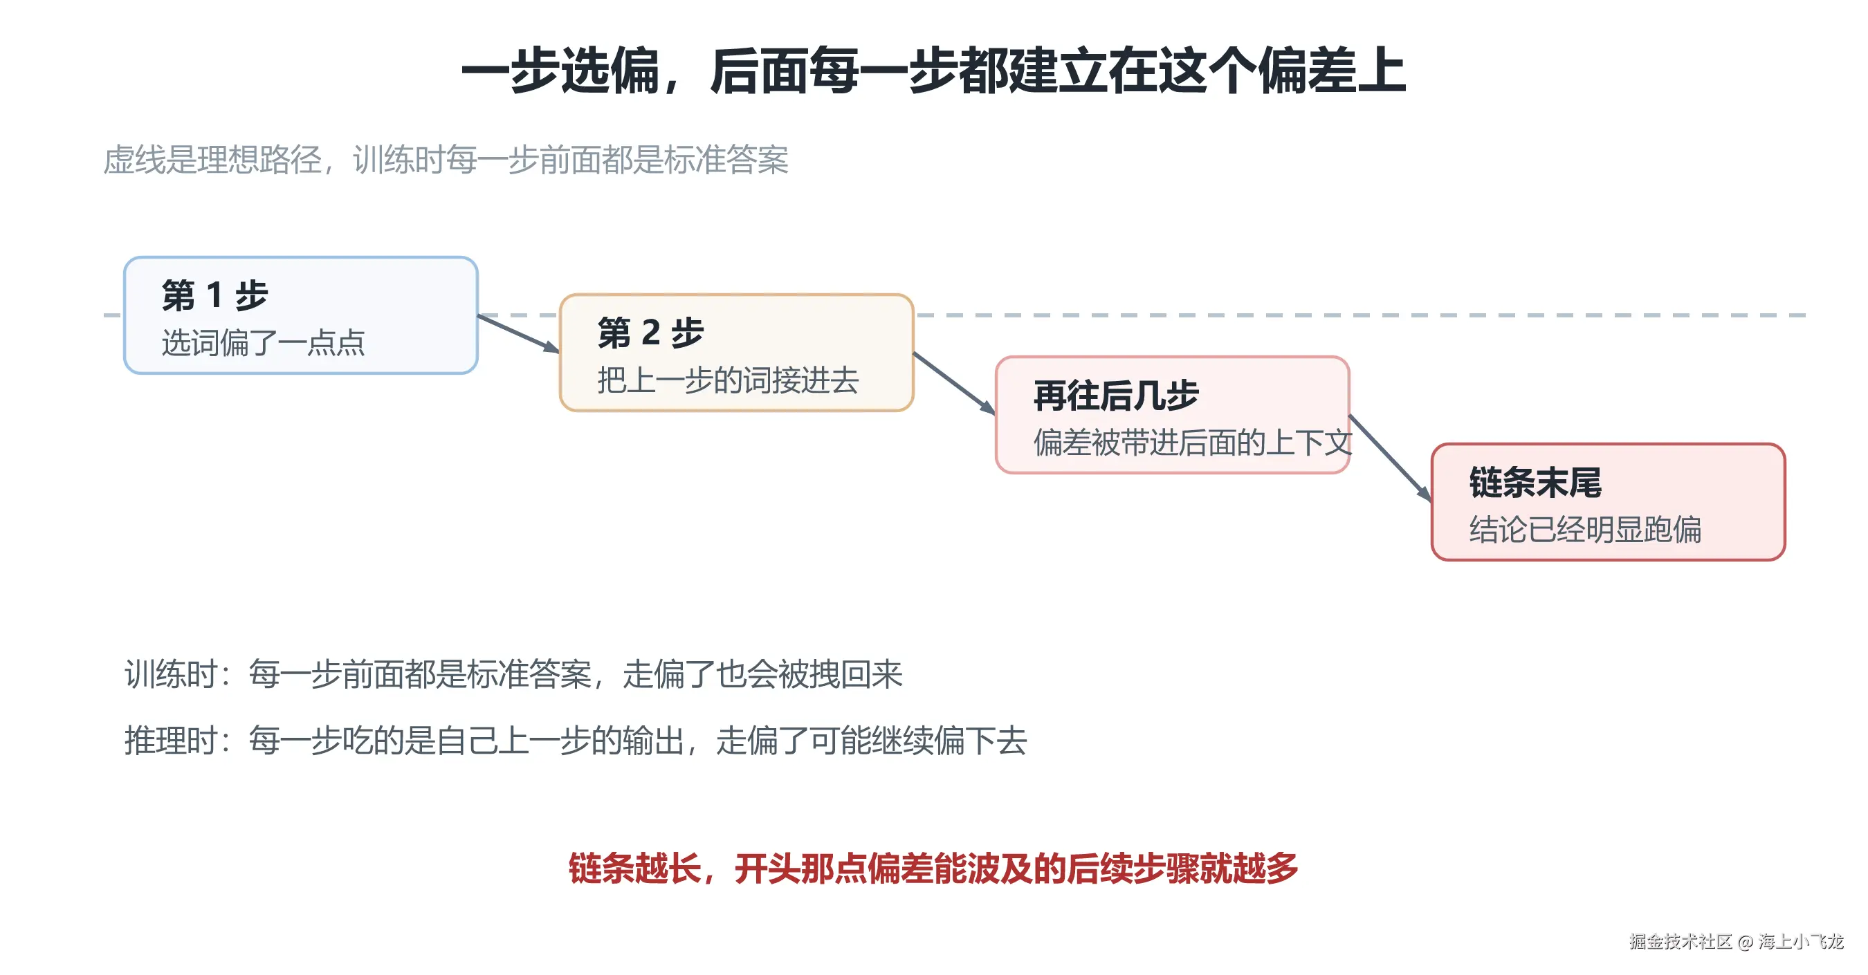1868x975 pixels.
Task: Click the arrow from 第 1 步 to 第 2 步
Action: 518,333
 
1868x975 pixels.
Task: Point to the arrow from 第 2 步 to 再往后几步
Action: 954,384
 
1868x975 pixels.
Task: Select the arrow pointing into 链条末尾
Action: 1390,458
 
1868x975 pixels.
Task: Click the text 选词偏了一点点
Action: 263,343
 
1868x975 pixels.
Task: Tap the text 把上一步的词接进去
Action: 728,380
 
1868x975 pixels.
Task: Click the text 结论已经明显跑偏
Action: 1585,530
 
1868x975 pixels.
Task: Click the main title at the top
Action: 934,71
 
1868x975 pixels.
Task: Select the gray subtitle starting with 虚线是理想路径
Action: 446,160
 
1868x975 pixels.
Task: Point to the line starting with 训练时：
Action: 513,674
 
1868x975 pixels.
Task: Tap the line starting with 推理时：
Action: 576,741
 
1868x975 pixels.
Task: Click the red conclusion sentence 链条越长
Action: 933,869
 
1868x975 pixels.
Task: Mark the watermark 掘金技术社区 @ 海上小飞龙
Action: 1736,942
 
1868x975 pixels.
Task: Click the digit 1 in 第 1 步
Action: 214,296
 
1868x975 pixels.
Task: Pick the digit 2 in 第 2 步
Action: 650,333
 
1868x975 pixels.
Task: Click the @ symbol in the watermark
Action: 1746,943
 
